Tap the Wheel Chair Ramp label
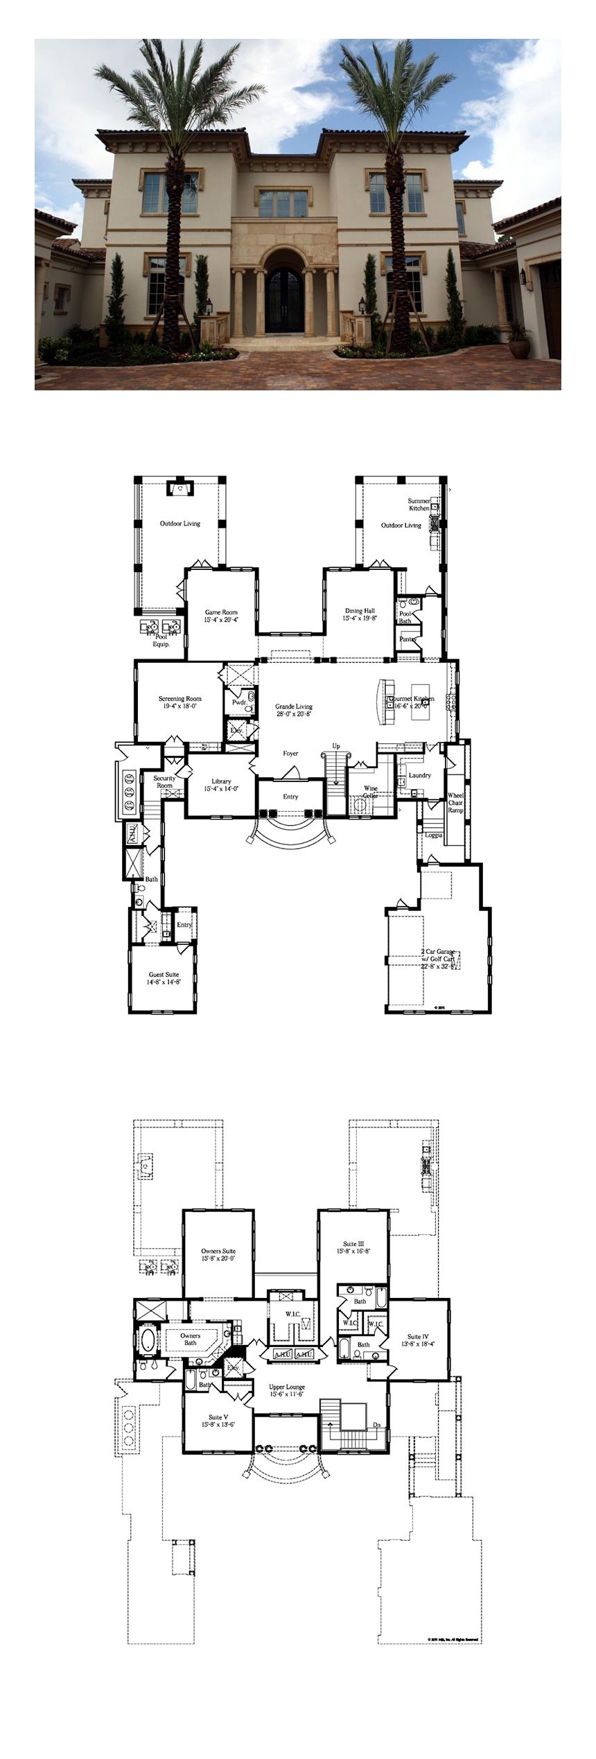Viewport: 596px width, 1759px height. (455, 801)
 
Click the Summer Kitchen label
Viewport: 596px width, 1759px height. (419, 504)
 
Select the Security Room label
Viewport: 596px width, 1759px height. (164, 782)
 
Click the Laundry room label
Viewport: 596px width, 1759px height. (420, 775)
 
